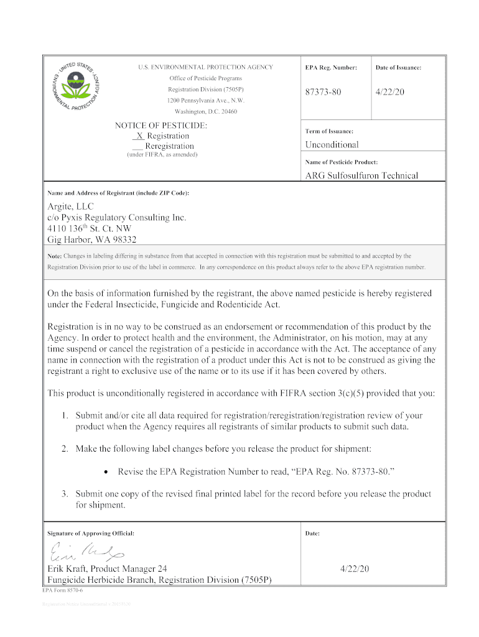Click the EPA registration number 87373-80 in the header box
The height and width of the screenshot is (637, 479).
click(323, 92)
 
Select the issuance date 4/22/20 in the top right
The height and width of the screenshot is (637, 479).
click(390, 92)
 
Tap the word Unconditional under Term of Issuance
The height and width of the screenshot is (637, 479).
click(332, 145)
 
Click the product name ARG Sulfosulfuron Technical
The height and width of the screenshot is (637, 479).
click(361, 175)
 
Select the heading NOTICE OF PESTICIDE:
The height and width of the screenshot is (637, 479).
click(161, 126)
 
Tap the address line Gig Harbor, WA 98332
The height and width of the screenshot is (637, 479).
click(92, 239)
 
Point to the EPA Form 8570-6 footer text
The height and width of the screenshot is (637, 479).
click(60, 591)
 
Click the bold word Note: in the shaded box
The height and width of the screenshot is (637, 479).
click(55, 256)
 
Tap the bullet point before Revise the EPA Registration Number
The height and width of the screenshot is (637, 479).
click(108, 472)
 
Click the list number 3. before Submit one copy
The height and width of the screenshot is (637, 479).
click(65, 494)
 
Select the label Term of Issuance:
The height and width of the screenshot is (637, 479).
click(329, 131)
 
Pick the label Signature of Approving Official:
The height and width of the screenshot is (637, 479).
click(91, 534)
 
